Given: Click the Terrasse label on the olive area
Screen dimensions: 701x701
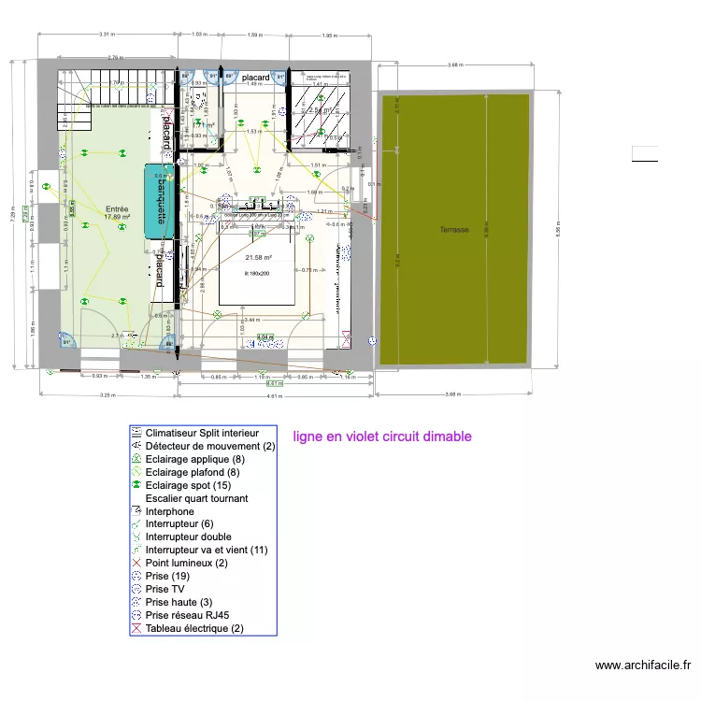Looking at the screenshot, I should [454, 229].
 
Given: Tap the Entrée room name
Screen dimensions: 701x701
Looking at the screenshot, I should [117, 209].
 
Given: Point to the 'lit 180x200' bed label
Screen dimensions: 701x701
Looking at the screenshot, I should [256, 273].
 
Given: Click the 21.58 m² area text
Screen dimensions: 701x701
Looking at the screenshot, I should [258, 258].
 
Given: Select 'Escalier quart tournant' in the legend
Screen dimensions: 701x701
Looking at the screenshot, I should [196, 499].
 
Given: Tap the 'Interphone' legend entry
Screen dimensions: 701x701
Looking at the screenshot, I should [170, 511].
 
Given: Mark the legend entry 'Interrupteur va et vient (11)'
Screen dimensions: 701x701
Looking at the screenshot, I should [207, 551].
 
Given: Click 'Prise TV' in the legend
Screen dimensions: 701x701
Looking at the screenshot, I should [169, 590].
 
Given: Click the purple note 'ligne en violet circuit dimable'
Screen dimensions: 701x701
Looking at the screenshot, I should [381, 436].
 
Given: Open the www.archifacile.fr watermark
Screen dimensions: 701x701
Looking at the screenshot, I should [642, 665].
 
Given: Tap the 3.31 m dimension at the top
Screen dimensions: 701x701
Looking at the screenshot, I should [107, 35].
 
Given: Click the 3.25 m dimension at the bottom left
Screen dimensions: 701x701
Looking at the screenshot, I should [107, 395].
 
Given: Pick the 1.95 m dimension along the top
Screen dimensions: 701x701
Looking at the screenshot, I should [328, 35].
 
